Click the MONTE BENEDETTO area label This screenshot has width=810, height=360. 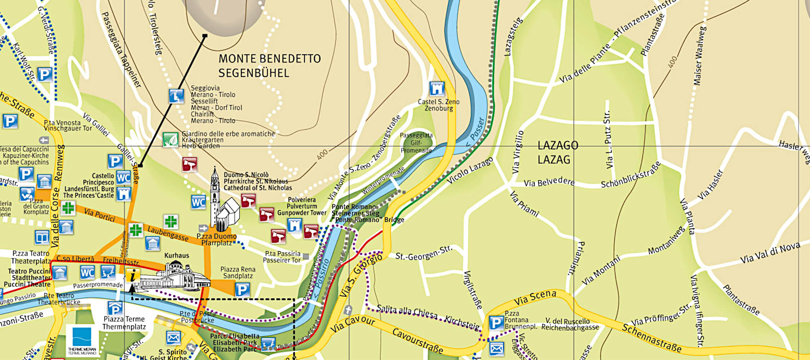coord(269,66)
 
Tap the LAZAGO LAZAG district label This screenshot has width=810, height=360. coord(557,152)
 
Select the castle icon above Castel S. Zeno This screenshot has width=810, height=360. coord(437,89)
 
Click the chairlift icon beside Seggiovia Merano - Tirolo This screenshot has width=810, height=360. coord(176,96)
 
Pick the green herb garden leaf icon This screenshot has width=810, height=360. coord(170,140)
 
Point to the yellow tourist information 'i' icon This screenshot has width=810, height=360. coord(133,276)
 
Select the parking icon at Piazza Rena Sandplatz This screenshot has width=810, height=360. coord(242,289)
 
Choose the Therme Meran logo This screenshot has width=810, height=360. coord(82,341)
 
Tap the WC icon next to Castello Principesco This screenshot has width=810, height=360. coord(123,177)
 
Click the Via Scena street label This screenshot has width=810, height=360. coord(535,298)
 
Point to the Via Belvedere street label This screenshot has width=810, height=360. coord(549,183)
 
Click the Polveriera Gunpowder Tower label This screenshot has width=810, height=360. coord(302,206)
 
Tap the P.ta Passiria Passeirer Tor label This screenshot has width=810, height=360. coord(282,257)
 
